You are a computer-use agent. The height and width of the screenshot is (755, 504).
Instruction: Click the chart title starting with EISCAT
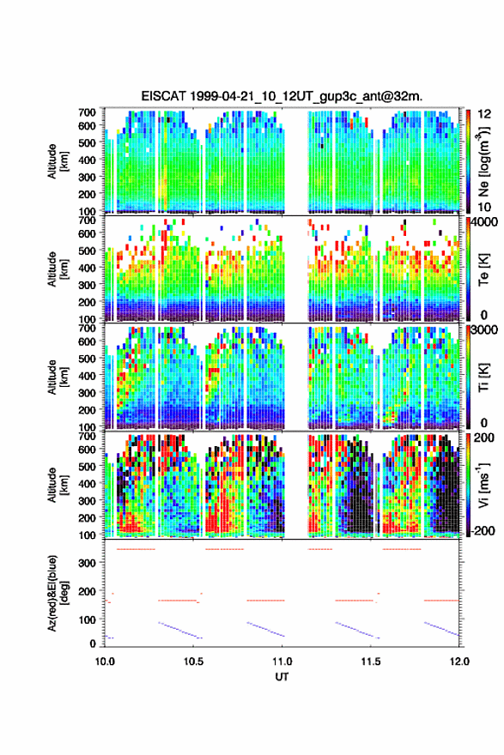[x=282, y=96]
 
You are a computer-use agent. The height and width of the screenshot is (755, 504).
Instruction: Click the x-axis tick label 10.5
[x=193, y=661]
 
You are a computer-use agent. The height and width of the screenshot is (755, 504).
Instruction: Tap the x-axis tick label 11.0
[x=282, y=661]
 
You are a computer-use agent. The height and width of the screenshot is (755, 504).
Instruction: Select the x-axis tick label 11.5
[x=371, y=661]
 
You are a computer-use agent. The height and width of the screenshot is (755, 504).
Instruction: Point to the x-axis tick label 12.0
[x=459, y=661]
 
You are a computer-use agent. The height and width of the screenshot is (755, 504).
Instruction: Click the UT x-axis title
[x=282, y=677]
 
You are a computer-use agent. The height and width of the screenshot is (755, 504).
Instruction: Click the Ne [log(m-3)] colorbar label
[x=483, y=161]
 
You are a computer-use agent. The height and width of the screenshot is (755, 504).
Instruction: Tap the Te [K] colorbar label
[x=483, y=269]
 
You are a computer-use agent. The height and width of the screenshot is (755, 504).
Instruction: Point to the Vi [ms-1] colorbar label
[x=483, y=485]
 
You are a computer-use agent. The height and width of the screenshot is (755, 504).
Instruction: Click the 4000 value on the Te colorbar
[x=485, y=223]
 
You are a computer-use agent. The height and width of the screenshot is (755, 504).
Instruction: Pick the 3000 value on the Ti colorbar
[x=485, y=330]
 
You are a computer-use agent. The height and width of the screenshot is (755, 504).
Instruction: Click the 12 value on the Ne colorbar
[x=484, y=114]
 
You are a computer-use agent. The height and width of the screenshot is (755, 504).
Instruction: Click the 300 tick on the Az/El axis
[x=88, y=563]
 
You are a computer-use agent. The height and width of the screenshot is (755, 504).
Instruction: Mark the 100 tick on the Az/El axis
[x=88, y=619]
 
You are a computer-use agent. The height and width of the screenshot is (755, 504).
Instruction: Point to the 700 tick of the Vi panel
[x=88, y=436]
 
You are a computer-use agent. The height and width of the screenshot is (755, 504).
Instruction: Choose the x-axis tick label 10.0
[x=105, y=661]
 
